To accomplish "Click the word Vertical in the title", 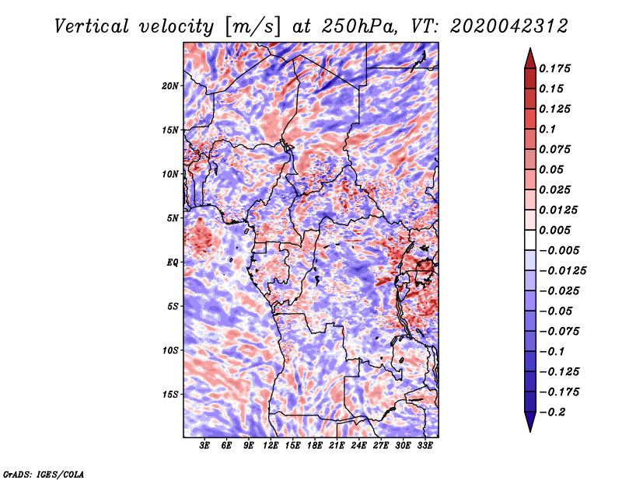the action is (x=92, y=26).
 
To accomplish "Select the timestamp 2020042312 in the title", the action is (x=509, y=26).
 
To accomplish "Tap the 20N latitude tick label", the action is (x=170, y=86).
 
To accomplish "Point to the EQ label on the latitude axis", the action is (x=173, y=263).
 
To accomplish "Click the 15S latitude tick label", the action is (x=170, y=395).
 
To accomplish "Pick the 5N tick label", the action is (x=173, y=218).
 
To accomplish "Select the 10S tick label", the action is (x=170, y=351).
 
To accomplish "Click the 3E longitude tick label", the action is (x=204, y=446).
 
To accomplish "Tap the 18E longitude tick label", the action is (x=314, y=446).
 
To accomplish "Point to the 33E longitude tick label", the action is (x=425, y=446).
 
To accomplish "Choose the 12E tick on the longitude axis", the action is (x=270, y=446).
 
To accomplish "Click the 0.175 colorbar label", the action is (x=554, y=68).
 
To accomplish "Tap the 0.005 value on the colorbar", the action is (x=554, y=230).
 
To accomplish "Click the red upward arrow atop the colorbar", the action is (x=530, y=58).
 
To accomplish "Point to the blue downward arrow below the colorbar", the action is (x=530, y=422).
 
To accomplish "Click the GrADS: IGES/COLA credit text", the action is (x=44, y=475).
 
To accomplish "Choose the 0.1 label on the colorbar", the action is (x=547, y=129).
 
